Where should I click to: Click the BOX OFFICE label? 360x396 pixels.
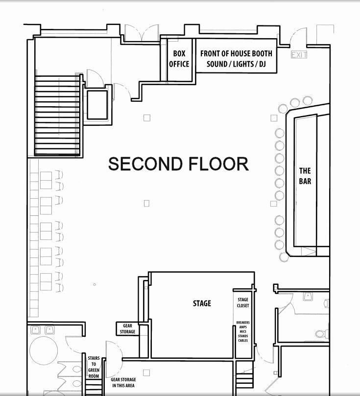[x=179, y=59]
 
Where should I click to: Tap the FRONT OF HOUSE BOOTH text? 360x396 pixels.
[x=236, y=53]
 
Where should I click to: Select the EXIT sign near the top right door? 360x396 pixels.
[x=299, y=55]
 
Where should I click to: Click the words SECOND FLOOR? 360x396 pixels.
[x=178, y=164]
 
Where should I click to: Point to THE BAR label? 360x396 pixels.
[x=305, y=176]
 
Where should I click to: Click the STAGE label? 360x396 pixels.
[x=202, y=303]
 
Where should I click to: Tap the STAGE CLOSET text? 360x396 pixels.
[x=243, y=303]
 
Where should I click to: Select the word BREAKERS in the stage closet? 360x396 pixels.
[x=243, y=323]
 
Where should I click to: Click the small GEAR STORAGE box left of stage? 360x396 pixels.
[x=127, y=328]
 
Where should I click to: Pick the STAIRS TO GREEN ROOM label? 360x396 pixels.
[x=94, y=367]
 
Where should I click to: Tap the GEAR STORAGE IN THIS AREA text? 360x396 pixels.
[x=123, y=383]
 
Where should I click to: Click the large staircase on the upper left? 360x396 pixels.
[x=57, y=115]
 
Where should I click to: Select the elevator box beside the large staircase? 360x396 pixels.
[x=97, y=105]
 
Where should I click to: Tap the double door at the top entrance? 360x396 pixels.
[x=142, y=33]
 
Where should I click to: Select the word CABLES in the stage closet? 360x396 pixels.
[x=243, y=340]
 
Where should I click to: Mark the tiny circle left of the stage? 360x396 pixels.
[x=95, y=284]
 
